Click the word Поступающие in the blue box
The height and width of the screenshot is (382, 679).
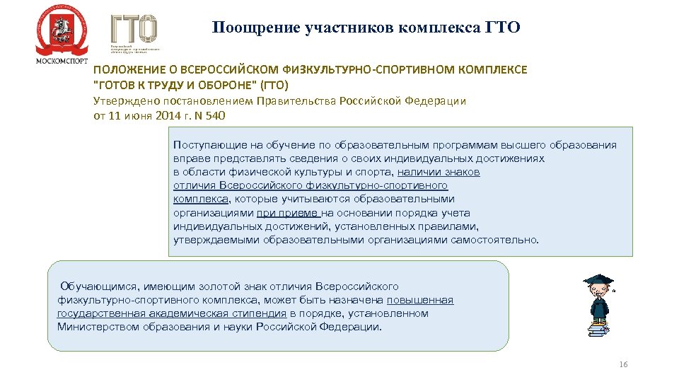pos(209,145)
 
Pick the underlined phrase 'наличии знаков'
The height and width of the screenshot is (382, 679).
pos(439,172)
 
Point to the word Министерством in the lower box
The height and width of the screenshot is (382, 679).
pos(93,327)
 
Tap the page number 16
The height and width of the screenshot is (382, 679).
pos(623,364)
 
